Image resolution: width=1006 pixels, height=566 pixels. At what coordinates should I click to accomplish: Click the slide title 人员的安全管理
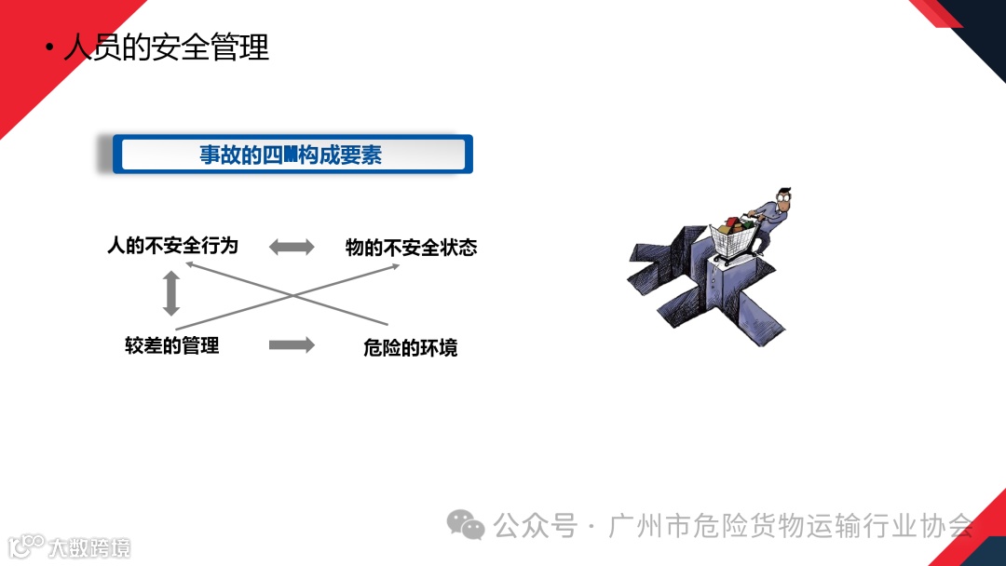point(166,47)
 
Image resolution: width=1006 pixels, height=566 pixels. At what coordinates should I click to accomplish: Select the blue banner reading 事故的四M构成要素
point(292,155)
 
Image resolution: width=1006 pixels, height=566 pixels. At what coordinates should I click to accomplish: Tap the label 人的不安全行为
point(173,246)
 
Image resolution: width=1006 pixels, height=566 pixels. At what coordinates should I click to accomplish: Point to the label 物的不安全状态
point(411,247)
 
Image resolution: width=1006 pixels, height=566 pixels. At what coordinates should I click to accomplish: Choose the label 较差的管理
point(172,345)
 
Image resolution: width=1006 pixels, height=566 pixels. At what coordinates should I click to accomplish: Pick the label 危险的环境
point(411,348)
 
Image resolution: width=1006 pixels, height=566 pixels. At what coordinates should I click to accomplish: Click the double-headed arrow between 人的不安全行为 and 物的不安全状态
point(292,247)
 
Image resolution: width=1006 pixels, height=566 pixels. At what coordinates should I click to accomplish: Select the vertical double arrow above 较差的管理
point(170,293)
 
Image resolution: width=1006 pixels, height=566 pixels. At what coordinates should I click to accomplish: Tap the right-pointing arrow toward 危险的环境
point(292,344)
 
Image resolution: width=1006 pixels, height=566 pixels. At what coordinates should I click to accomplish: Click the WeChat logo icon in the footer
point(466,525)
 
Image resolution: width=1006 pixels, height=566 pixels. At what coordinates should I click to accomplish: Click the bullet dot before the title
point(49,47)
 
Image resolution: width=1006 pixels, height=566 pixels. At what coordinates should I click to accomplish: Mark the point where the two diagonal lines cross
point(292,296)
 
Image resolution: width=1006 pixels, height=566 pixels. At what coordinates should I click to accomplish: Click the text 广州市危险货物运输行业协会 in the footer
point(791,526)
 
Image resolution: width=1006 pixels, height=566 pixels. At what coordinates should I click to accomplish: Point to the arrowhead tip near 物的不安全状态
point(399,266)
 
